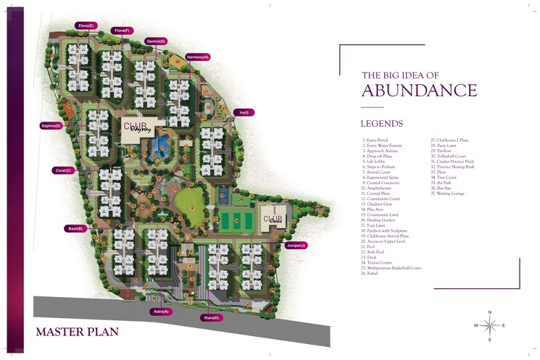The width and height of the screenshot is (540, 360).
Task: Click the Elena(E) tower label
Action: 86,25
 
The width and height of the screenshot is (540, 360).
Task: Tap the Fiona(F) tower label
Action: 121,30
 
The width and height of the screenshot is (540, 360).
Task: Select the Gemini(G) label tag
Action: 156,41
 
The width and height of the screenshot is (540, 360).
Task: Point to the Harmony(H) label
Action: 197,56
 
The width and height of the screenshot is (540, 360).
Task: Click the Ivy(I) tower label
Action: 244,112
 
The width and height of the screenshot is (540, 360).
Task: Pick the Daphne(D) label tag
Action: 51,126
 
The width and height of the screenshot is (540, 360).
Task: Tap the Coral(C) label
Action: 63,171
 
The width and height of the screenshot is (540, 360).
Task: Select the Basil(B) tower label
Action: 75,228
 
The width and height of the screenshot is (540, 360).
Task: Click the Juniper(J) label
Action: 296,246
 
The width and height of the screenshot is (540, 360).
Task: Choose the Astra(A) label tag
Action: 161,311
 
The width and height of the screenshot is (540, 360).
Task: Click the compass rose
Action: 490,325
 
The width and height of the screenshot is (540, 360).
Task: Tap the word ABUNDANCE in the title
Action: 419,91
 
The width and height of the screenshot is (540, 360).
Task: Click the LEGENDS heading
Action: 381,124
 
